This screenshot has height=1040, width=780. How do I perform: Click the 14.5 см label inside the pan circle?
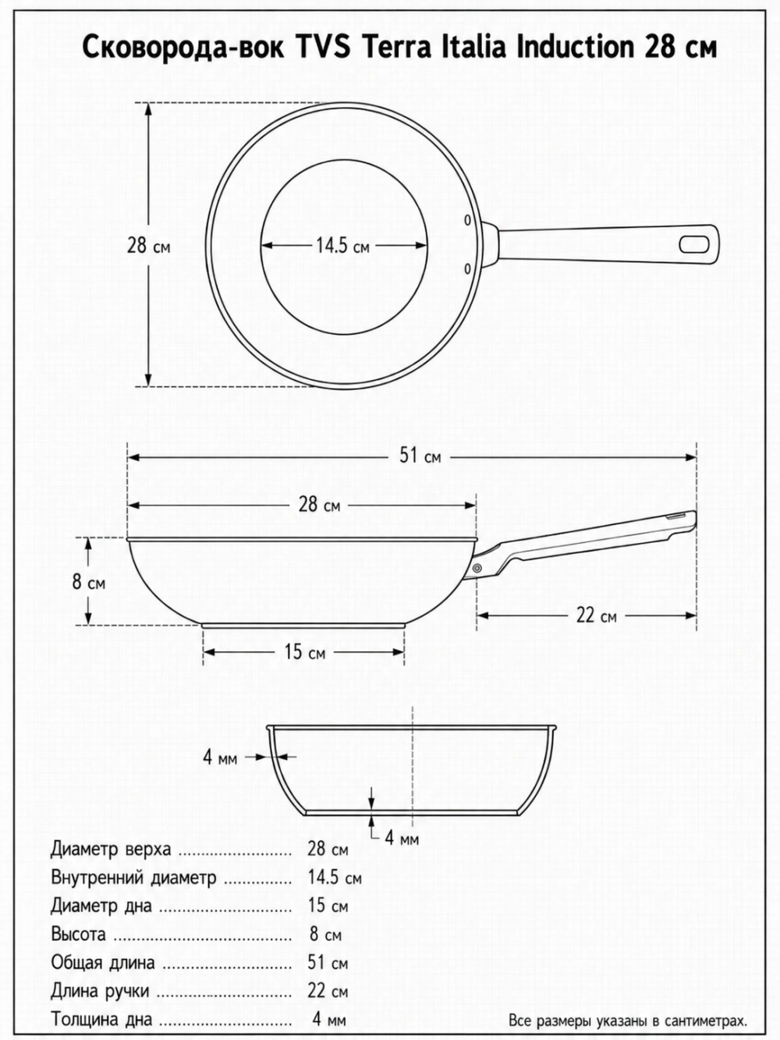coord(342,246)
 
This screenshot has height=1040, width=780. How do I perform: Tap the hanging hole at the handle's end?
coord(694,244)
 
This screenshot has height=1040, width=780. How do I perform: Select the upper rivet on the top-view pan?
coord(467,220)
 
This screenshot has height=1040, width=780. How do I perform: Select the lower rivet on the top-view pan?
coord(467,268)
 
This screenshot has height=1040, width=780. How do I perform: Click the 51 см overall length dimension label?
coord(420,456)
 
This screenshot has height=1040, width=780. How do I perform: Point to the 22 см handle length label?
coord(596,616)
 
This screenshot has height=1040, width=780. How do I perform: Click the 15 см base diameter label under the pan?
coord(304,652)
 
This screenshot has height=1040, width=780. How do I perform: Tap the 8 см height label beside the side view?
coord(89,582)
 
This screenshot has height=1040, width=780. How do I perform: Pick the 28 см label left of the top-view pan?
coord(148,246)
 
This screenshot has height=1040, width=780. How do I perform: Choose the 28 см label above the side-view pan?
coord(319,505)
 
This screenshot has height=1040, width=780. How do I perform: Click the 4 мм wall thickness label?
coord(220,757)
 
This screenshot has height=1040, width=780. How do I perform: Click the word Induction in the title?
coord(575,48)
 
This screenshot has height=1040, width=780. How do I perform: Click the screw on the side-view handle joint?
coord(477,568)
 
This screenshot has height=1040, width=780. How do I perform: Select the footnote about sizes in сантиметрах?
coord(628,1020)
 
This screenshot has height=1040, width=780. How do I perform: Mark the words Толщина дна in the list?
coord(101,1019)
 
